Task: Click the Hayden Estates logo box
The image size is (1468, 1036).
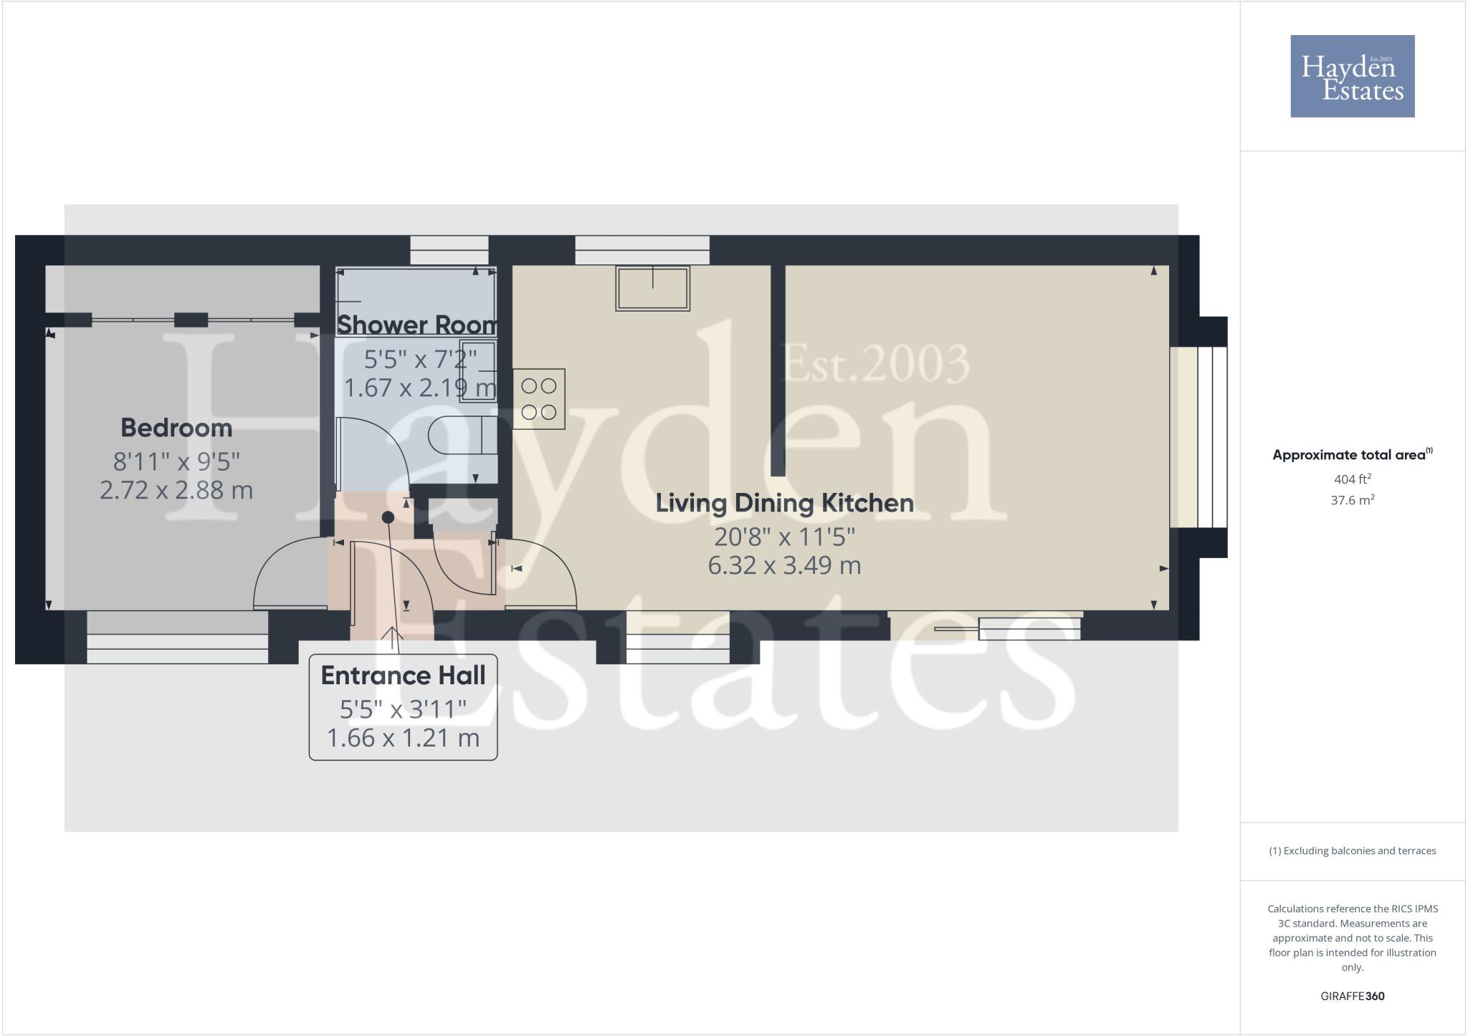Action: pyautogui.click(x=1352, y=76)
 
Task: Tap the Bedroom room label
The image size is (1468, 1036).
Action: pyautogui.click(x=176, y=428)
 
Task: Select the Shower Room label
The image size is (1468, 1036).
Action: pyautogui.click(x=417, y=325)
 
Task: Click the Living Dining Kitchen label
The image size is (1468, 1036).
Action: pyautogui.click(x=784, y=503)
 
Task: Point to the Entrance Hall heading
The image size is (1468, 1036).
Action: pyautogui.click(x=403, y=675)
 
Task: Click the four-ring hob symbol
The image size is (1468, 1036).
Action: pyautogui.click(x=539, y=399)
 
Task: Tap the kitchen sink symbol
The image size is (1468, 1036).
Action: pyautogui.click(x=652, y=288)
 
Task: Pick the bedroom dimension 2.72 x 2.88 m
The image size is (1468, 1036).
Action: pyautogui.click(x=176, y=490)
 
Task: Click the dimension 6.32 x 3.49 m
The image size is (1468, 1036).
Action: pyautogui.click(x=784, y=565)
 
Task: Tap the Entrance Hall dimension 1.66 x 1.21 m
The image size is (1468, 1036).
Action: pyautogui.click(x=403, y=738)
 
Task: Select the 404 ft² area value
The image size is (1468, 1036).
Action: pyautogui.click(x=1352, y=479)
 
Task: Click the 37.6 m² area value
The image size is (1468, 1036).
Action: pyautogui.click(x=1352, y=500)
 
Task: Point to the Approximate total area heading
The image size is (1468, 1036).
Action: pyautogui.click(x=1352, y=455)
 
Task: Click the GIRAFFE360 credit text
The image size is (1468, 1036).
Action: pyautogui.click(x=1352, y=996)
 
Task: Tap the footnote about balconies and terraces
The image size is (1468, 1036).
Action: pyautogui.click(x=1352, y=851)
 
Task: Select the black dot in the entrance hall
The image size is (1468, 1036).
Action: pyautogui.click(x=388, y=517)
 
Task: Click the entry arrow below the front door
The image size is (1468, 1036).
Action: pyautogui.click(x=392, y=633)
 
